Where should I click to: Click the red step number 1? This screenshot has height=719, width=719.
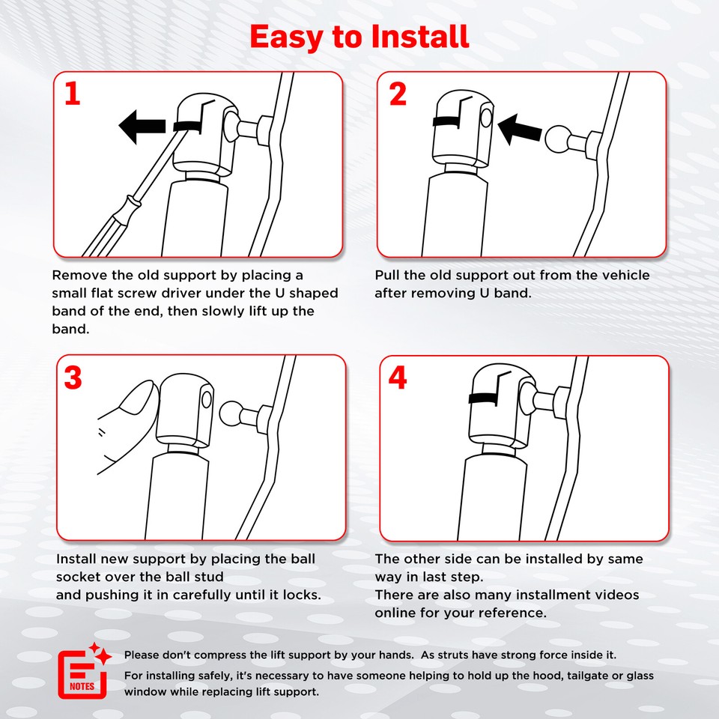[73, 94]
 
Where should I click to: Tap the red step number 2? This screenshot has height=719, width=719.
[398, 94]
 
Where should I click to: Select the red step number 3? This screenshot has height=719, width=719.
[73, 377]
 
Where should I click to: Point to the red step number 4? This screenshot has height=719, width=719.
[397, 377]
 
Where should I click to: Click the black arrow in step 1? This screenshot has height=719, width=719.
[142, 127]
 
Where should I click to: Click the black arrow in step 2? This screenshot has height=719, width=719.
[519, 130]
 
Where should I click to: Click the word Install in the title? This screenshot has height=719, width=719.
[419, 36]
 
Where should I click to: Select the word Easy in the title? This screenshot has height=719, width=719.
[286, 37]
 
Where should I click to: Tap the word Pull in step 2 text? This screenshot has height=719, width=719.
[387, 275]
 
